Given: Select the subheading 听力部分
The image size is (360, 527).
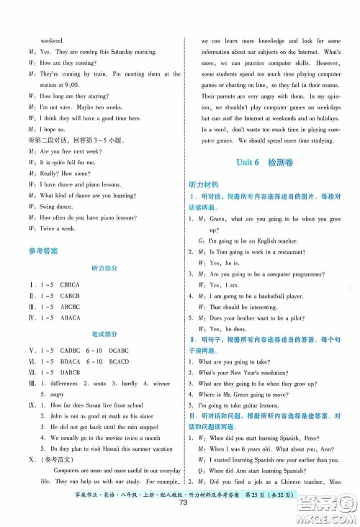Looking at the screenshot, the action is click(x=103, y=268).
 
